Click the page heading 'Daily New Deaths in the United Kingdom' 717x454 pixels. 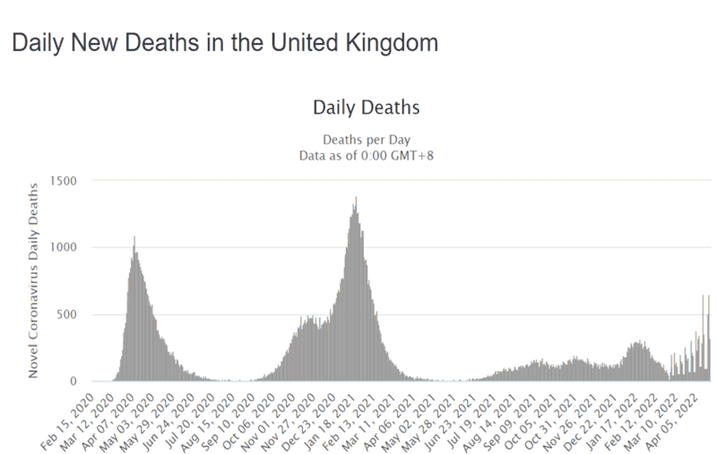coord(224,42)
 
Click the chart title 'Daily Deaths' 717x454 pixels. coord(366,108)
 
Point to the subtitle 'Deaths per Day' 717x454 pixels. coord(366,139)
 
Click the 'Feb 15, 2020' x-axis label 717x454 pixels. coord(69,416)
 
